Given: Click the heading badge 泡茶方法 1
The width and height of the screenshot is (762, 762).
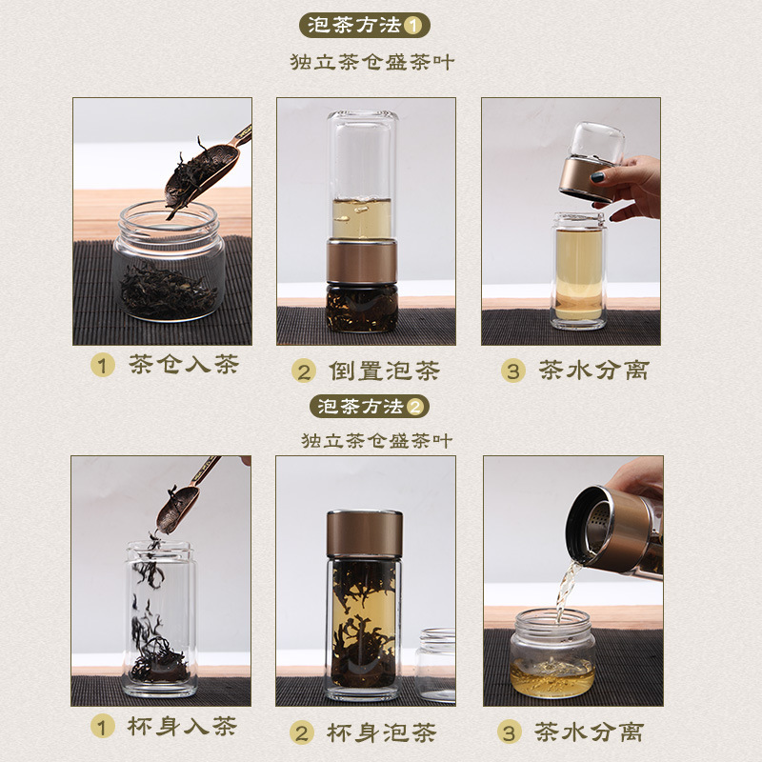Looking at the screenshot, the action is pyautogui.click(x=365, y=26).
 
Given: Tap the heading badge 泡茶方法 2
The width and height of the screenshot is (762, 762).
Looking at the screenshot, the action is pyautogui.click(x=370, y=407).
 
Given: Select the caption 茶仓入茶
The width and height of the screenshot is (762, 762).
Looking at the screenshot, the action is pyautogui.click(x=184, y=364).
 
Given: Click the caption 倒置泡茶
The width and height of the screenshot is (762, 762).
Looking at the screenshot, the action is pyautogui.click(x=385, y=371).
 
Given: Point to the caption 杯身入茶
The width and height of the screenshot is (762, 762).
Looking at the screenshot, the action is pyautogui.click(x=182, y=727).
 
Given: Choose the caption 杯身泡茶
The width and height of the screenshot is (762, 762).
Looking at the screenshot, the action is pyautogui.click(x=382, y=732).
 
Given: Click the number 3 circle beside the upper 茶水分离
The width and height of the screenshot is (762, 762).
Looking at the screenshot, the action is pyautogui.click(x=513, y=371).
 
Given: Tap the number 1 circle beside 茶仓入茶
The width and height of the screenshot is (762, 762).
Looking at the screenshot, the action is pyautogui.click(x=103, y=365).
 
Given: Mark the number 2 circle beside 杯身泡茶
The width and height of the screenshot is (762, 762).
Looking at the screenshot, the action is pyautogui.click(x=302, y=732).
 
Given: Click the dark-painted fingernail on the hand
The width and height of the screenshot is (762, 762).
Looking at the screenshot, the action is pyautogui.click(x=597, y=177).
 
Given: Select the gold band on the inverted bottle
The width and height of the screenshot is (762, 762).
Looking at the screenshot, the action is pyautogui.click(x=362, y=261).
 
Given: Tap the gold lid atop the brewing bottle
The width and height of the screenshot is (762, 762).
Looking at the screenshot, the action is pyautogui.click(x=365, y=533).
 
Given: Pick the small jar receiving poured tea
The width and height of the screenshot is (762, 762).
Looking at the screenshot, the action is pyautogui.click(x=553, y=653).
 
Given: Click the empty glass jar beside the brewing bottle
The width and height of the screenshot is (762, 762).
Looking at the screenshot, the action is pyautogui.click(x=436, y=665).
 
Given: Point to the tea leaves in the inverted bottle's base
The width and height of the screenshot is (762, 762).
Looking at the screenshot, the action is pyautogui.click(x=362, y=309).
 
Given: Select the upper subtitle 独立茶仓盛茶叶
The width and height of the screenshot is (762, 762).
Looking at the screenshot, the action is pyautogui.click(x=372, y=62).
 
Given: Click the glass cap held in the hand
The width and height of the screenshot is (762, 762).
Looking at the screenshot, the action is pyautogui.click(x=597, y=142).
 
